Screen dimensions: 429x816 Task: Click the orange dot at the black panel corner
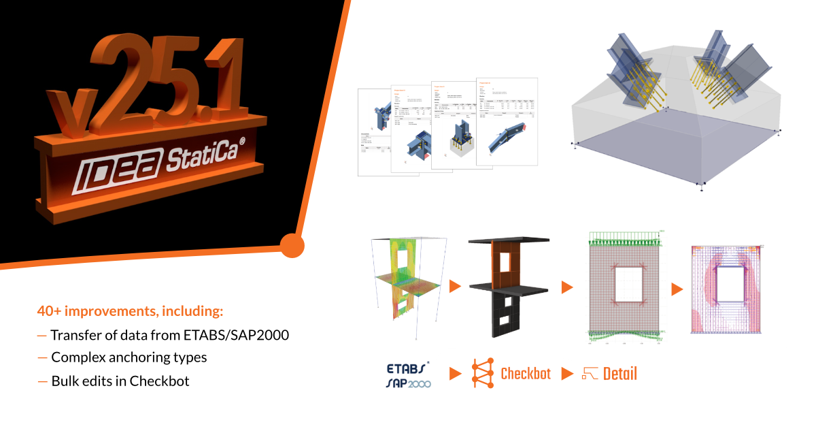292,245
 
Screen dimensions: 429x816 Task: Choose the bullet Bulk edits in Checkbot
120,381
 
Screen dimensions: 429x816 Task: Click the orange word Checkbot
525,374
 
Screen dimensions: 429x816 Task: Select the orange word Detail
619,374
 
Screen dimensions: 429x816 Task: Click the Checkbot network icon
482,373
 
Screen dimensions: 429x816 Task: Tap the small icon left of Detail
589,374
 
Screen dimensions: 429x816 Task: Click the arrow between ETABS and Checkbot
454,373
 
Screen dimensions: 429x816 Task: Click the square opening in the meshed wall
626,281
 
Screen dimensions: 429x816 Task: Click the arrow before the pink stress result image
677,289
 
